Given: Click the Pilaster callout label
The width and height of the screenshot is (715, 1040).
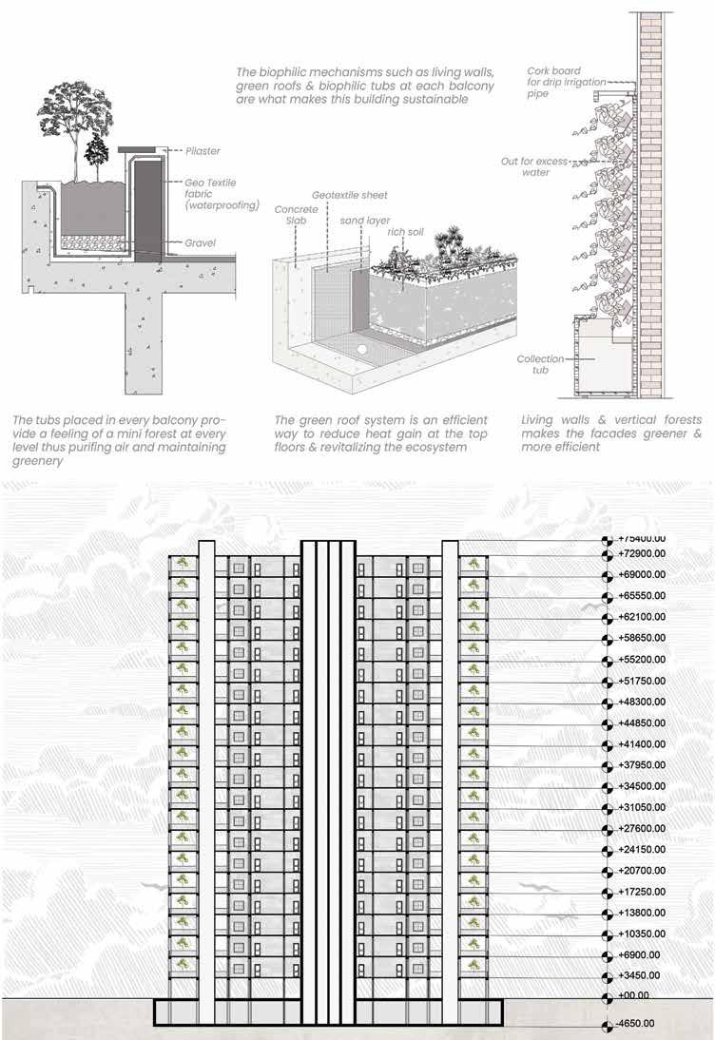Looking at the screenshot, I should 203,150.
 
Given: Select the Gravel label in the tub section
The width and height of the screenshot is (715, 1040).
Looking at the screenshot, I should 202,243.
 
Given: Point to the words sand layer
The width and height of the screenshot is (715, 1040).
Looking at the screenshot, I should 362,219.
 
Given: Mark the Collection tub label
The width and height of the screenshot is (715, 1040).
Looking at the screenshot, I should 541,364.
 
